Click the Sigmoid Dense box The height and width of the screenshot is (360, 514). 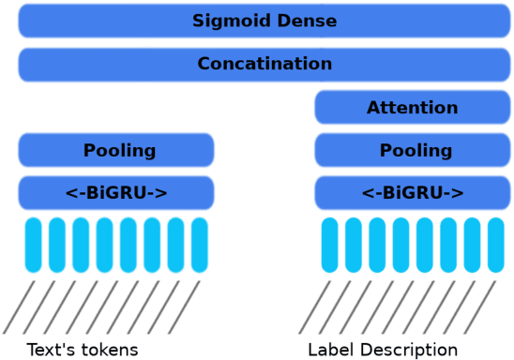(x=265, y=21)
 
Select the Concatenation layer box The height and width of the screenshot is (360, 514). (x=265, y=64)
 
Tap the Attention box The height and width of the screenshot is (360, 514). (x=412, y=108)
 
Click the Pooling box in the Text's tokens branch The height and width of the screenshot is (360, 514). (x=116, y=150)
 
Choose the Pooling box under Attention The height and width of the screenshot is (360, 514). (x=412, y=150)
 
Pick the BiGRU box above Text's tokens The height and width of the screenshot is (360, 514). (x=116, y=193)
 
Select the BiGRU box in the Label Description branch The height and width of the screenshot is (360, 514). (x=412, y=193)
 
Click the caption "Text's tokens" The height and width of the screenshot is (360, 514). (x=83, y=350)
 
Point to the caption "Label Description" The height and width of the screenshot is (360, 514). (x=383, y=350)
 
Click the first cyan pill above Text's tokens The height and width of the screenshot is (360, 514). (x=34, y=245)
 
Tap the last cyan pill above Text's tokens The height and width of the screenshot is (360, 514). (x=200, y=245)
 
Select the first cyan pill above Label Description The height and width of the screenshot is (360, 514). (x=330, y=245)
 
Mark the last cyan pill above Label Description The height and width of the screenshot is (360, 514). (x=496, y=245)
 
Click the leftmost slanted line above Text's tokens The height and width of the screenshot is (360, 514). (x=19, y=307)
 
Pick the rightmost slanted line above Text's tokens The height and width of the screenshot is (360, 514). (x=185, y=307)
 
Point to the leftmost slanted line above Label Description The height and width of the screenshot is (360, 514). (x=315, y=307)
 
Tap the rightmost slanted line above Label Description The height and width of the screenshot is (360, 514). (x=480, y=307)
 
